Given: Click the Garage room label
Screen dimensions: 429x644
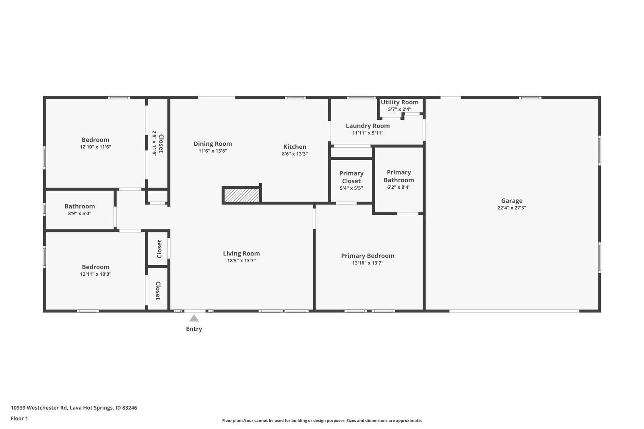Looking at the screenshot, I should pyautogui.click(x=512, y=200).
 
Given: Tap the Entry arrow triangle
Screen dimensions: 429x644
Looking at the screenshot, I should pyautogui.click(x=194, y=318).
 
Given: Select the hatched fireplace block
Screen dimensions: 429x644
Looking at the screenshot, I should pyautogui.click(x=242, y=195).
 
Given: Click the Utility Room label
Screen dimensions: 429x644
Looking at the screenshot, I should pyautogui.click(x=399, y=102).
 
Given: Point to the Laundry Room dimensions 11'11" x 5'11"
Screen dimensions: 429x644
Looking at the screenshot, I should pyautogui.click(x=367, y=133).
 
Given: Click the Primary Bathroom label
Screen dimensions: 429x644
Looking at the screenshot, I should pyautogui.click(x=398, y=176).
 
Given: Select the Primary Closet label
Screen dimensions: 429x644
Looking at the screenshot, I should pyautogui.click(x=351, y=177).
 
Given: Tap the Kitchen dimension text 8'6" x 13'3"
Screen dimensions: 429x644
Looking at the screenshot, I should pyautogui.click(x=295, y=154).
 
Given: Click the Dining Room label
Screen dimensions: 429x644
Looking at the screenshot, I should pyautogui.click(x=213, y=144).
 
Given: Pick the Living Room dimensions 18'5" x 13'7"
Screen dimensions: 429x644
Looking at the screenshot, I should pyautogui.click(x=241, y=260).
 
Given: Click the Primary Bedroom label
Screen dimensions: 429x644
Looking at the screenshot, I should pyautogui.click(x=367, y=256).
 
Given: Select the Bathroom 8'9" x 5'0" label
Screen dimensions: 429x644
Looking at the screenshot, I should pyautogui.click(x=80, y=206).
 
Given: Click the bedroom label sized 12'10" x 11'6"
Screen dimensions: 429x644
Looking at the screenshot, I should pyautogui.click(x=95, y=140).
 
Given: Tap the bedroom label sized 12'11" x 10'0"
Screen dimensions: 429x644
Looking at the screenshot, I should pyautogui.click(x=95, y=267).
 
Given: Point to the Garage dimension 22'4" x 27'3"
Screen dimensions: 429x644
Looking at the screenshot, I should pyautogui.click(x=512, y=208).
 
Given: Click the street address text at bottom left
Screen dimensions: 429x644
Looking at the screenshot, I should pyautogui.click(x=74, y=408).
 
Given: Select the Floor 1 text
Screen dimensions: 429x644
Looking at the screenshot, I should pyautogui.click(x=19, y=419).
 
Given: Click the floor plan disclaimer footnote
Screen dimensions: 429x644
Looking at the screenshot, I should pyautogui.click(x=322, y=421).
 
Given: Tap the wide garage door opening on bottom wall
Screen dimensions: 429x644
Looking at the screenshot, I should pyautogui.click(x=514, y=311).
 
